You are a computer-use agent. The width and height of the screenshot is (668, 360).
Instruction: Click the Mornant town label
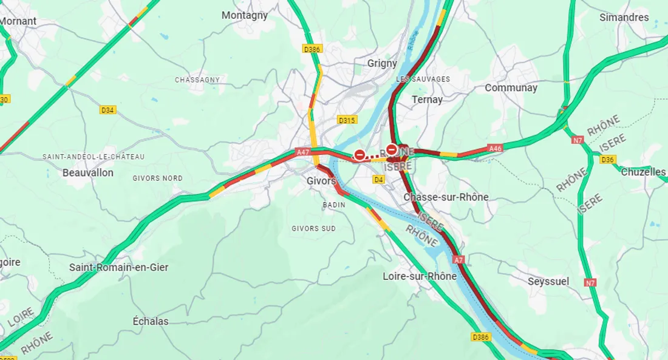coord(18,21)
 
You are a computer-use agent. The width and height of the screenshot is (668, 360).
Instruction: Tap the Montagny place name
coord(244,16)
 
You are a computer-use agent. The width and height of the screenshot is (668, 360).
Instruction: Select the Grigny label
coord(382,63)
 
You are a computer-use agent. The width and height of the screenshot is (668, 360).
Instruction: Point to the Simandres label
coord(624,18)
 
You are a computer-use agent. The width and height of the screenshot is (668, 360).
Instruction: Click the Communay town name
coord(511,88)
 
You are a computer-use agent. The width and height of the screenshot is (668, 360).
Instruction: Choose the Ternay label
coord(427,99)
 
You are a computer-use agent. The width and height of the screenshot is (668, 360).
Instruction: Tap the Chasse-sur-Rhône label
coord(446,197)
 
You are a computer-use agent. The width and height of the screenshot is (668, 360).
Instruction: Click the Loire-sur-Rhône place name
coord(420,276)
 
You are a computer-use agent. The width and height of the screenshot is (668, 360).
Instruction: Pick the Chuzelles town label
coord(643,172)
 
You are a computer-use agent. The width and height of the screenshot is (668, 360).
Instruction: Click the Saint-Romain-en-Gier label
coord(118,267)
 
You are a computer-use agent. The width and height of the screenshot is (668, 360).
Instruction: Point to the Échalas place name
coord(151,321)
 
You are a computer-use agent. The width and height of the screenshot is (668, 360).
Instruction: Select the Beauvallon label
coord(88,172)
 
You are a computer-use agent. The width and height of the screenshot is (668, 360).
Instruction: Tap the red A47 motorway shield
coord(303,152)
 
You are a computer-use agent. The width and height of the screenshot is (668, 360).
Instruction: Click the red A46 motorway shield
coord(496,148)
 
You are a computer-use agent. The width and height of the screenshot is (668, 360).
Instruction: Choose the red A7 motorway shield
coord(458,259)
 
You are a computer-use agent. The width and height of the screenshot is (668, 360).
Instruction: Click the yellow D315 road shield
coord(347,120)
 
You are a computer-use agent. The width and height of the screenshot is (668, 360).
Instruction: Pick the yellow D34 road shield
coord(107,110)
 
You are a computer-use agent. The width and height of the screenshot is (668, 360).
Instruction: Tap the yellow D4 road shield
coord(378,179)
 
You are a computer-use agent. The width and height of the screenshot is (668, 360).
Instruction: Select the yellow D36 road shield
coord(607,160)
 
